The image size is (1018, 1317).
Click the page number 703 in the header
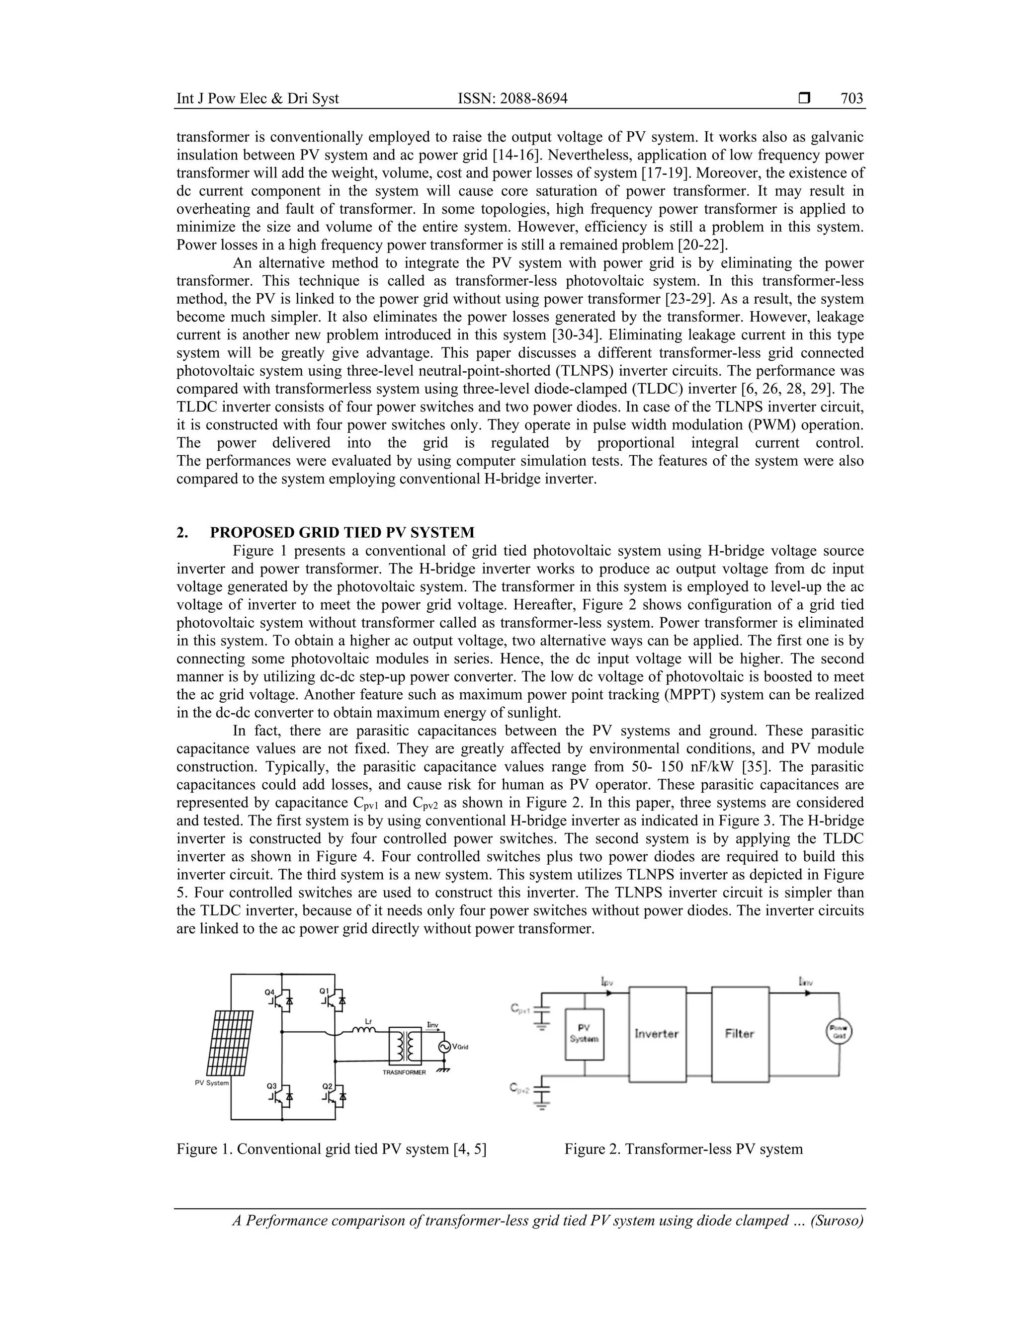(x=851, y=98)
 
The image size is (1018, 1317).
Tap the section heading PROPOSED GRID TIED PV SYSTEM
(x=342, y=532)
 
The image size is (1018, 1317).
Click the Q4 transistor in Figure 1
(x=281, y=1000)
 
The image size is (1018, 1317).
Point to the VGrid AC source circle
(x=445, y=1047)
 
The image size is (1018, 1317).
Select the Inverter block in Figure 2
(x=657, y=1034)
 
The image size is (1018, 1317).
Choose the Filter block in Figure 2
(x=740, y=1034)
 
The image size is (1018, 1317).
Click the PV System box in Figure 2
(x=584, y=1035)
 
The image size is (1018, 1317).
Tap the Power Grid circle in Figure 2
(x=838, y=1033)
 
